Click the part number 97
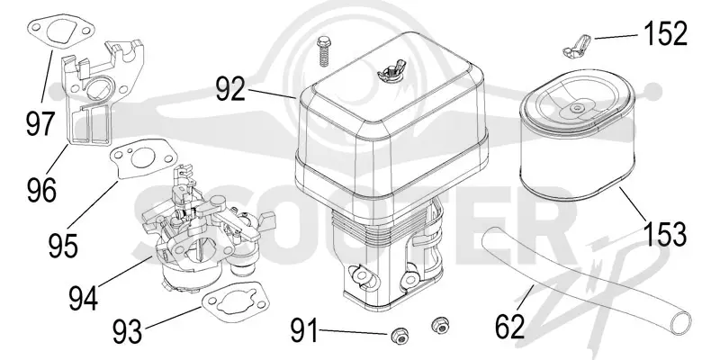[x=40, y=123]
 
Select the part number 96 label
[x=41, y=190]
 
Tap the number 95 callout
[x=63, y=245]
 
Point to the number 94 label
[x=84, y=298]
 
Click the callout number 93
[x=127, y=331]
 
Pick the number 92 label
[x=231, y=89]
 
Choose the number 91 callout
[x=303, y=330]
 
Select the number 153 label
[x=666, y=233]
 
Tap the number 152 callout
[x=666, y=33]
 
